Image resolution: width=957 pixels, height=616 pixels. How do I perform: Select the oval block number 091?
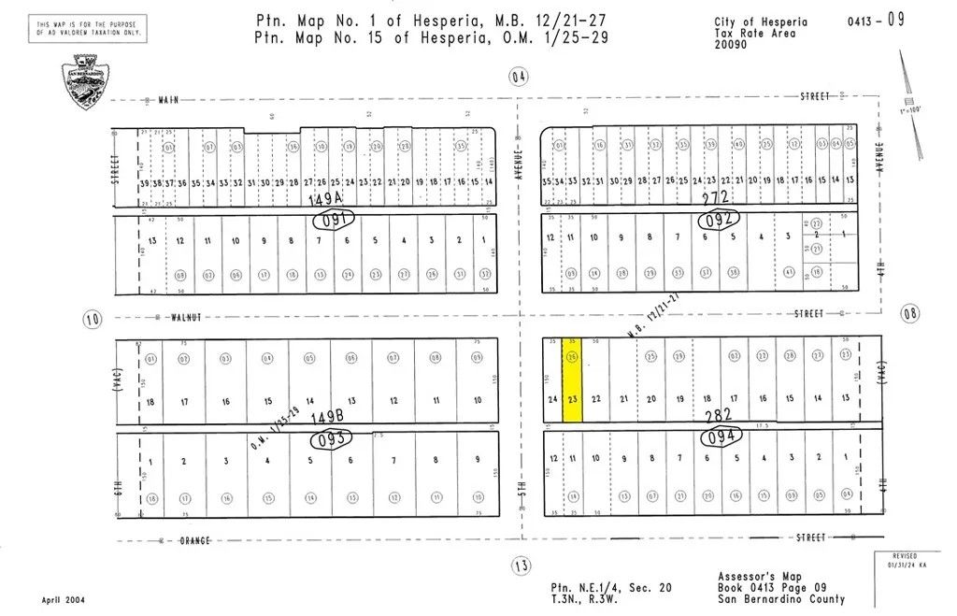point(334,222)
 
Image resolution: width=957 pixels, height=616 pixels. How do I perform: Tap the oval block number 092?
point(719,220)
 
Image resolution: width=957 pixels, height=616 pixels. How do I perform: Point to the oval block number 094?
point(721,435)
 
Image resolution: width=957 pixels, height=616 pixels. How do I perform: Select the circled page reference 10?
point(92,319)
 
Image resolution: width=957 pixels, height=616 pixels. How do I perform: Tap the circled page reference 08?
point(909,314)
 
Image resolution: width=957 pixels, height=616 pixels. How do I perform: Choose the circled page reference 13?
point(521,565)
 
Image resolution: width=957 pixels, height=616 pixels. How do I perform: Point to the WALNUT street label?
point(187,317)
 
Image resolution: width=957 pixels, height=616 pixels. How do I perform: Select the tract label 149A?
point(325,200)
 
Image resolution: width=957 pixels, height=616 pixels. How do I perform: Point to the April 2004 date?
point(62,599)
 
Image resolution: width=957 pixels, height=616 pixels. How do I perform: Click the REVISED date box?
point(909,560)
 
